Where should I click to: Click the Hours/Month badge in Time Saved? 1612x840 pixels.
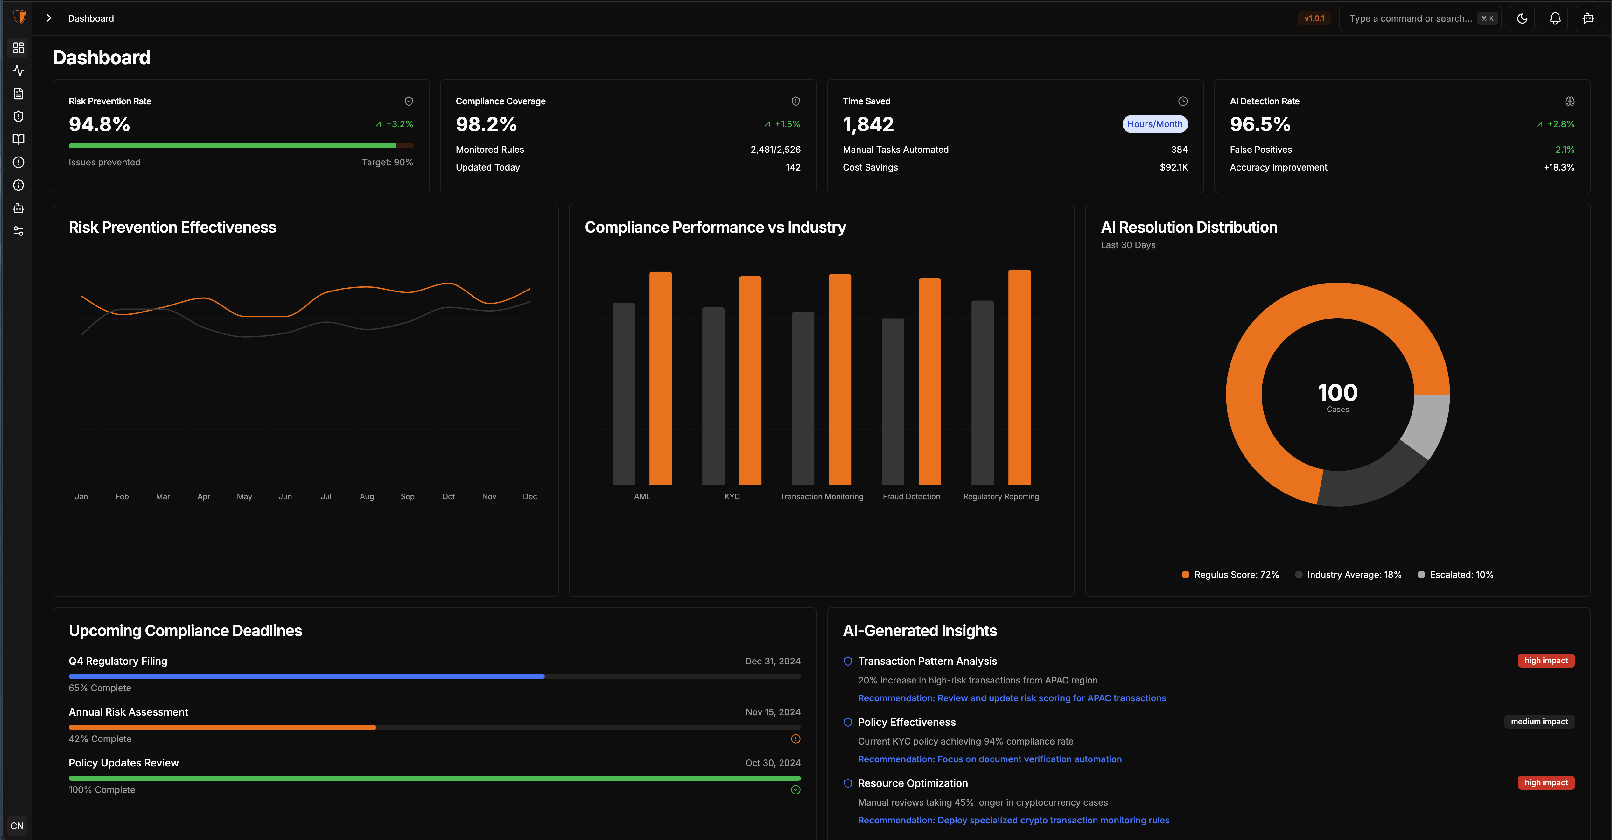tap(1154, 124)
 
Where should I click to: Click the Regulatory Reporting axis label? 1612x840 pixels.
tap(1001, 496)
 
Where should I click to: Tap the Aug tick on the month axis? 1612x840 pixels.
tap(367, 496)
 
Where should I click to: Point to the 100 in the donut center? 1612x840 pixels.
tap(1337, 392)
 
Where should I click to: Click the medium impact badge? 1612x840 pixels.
tap(1539, 722)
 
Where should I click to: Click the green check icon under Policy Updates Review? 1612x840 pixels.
tap(795, 790)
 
